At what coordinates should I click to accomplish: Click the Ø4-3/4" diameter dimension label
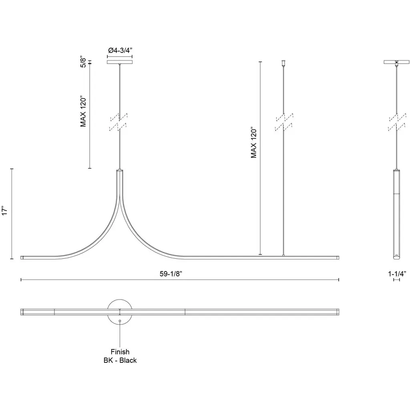(120, 50)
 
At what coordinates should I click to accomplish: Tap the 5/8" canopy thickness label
(83, 62)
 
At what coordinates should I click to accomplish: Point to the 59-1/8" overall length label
(171, 274)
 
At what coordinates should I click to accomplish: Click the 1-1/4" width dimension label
(397, 274)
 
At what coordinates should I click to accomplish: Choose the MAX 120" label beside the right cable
(253, 143)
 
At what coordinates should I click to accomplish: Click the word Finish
(120, 352)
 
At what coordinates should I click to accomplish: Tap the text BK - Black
(120, 360)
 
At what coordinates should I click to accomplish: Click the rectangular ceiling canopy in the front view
(120, 62)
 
